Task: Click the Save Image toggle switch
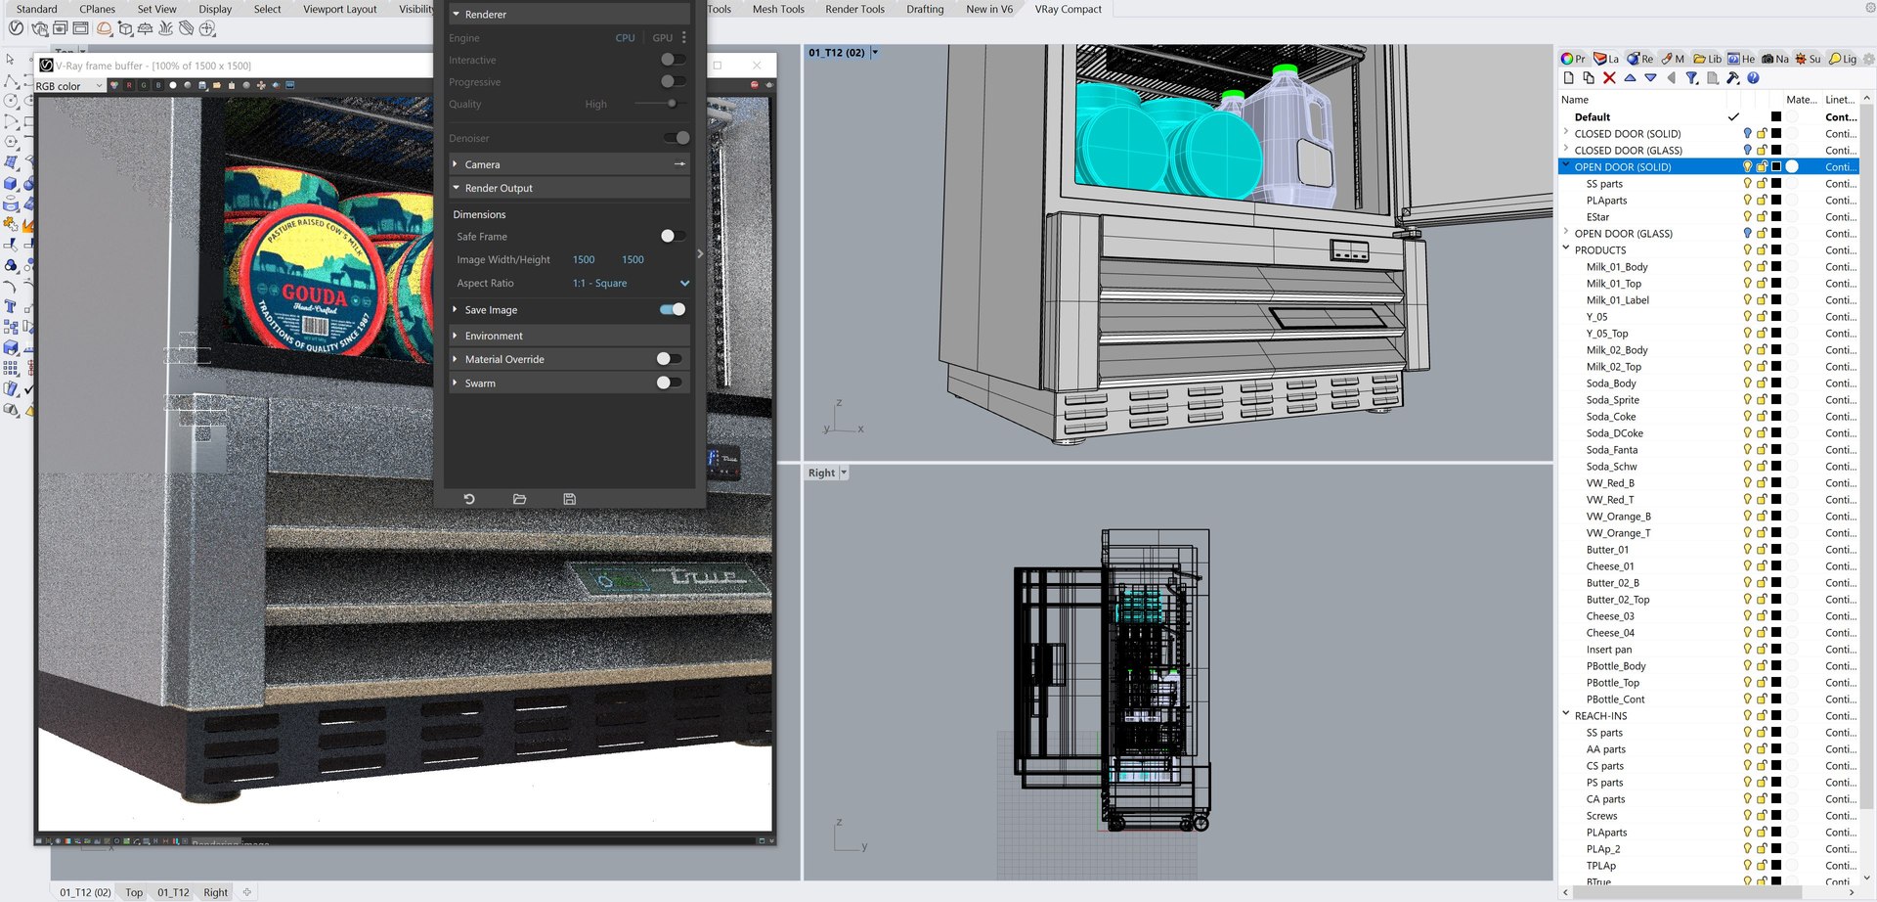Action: (x=673, y=310)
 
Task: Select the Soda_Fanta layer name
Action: (x=1611, y=450)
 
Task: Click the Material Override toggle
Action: (x=669, y=359)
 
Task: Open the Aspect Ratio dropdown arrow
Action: (x=684, y=284)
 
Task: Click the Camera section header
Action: (x=482, y=164)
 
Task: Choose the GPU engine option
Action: (x=662, y=38)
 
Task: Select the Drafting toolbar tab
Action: (x=925, y=10)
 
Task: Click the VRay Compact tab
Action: (x=1068, y=10)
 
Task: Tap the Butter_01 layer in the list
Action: (x=1607, y=550)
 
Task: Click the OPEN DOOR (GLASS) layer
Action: (x=1623, y=234)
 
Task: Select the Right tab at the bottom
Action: (x=215, y=892)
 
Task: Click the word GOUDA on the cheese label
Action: (x=314, y=294)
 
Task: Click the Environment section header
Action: (x=494, y=336)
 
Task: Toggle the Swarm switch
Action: (x=669, y=383)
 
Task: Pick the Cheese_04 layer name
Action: (x=1609, y=633)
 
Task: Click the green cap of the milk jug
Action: (x=1285, y=70)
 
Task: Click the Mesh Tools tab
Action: (x=778, y=10)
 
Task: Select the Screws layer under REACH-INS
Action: (x=1601, y=816)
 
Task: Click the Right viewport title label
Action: (x=821, y=474)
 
